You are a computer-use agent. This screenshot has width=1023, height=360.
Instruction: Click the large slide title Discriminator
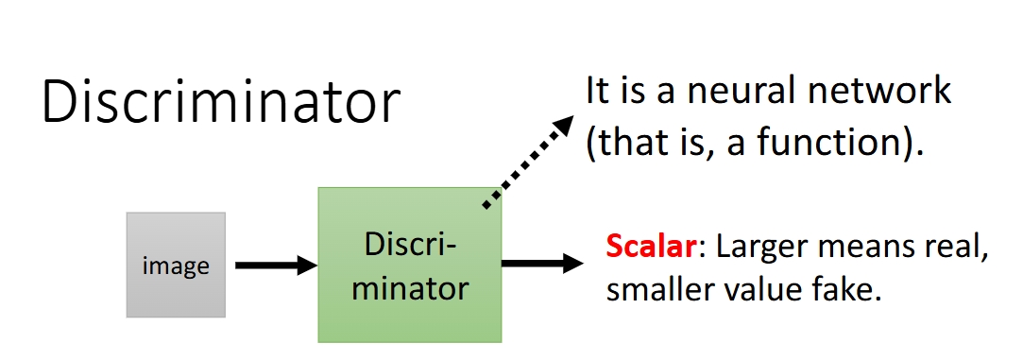[x=220, y=101]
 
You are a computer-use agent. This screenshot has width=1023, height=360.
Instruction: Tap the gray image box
[x=176, y=265]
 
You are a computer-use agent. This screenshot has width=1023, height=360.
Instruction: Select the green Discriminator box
[x=410, y=265]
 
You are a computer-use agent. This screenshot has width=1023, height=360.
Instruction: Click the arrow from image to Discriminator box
[x=276, y=266]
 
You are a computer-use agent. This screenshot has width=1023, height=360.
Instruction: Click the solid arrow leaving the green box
[x=542, y=264]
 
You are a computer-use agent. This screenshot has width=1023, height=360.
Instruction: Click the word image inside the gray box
[x=176, y=266]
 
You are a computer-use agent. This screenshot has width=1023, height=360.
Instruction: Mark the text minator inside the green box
[x=410, y=288]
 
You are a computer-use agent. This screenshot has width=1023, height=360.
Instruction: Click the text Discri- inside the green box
[x=410, y=245]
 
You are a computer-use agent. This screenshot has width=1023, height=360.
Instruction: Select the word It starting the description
[x=597, y=92]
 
